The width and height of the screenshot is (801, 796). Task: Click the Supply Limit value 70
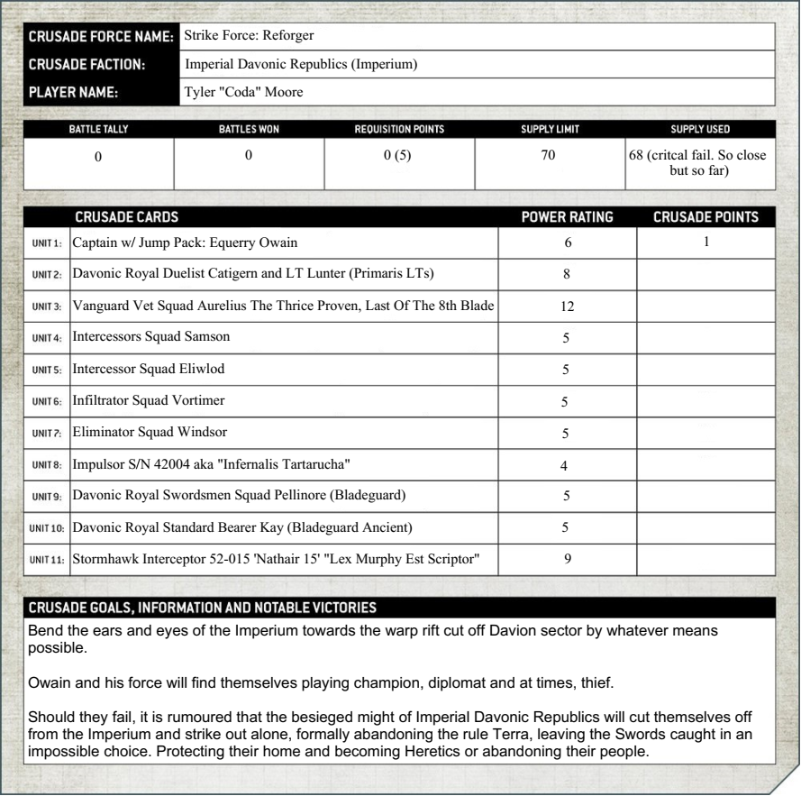coord(550,156)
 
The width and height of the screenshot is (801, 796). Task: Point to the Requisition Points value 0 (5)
coord(397,156)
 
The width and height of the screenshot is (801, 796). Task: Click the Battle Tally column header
coord(98,129)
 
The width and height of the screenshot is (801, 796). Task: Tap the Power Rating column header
coord(569,216)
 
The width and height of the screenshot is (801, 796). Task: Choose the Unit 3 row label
coord(47,307)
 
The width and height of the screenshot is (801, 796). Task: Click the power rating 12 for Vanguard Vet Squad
coord(568,307)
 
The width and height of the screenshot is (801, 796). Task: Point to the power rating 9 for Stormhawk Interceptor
coord(568,559)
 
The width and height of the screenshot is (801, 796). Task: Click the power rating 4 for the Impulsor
coord(568,464)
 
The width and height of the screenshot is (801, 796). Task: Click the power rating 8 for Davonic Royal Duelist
coord(568,275)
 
